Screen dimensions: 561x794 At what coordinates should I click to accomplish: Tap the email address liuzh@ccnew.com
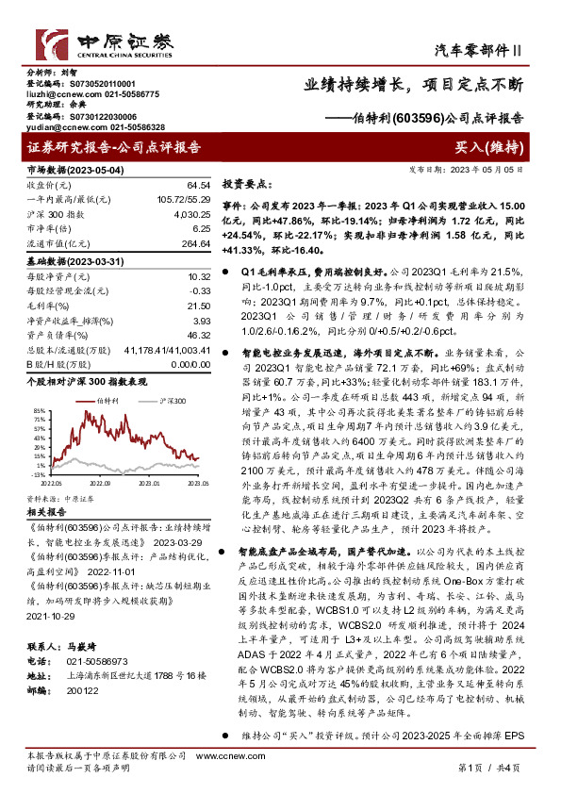55,94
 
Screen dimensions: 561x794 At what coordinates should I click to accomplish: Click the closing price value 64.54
198,185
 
